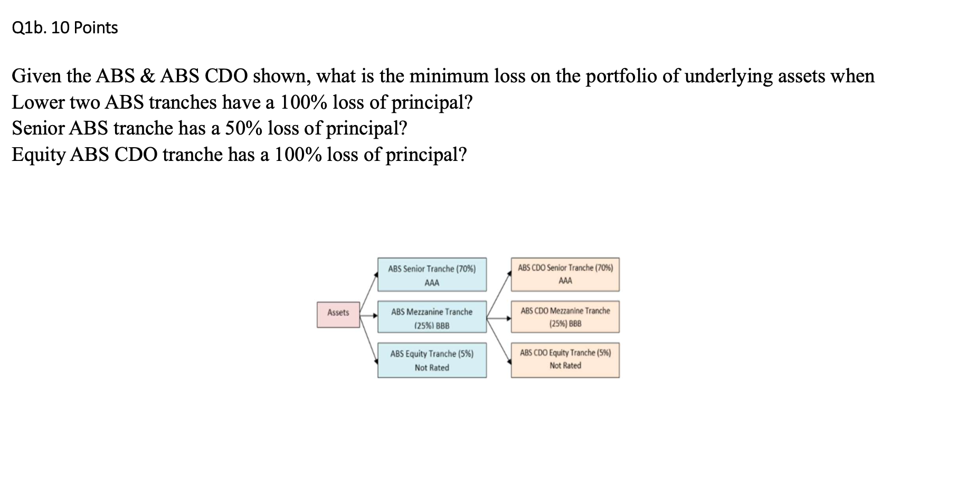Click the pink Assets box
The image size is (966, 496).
pos(338,314)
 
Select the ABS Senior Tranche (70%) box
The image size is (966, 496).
pos(432,274)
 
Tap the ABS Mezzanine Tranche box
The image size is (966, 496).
pos(432,317)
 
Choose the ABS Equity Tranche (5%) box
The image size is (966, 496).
pos(432,360)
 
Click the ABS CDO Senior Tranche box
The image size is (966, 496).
pos(565,274)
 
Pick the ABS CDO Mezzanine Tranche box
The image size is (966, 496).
pos(565,317)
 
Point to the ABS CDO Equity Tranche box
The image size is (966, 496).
pos(565,360)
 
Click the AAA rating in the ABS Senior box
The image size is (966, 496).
pos(432,283)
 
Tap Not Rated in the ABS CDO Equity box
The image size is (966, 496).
pos(565,366)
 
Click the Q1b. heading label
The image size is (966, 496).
pos(30,27)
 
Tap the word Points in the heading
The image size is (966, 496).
pos(96,27)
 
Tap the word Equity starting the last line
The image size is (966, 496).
pos(38,155)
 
